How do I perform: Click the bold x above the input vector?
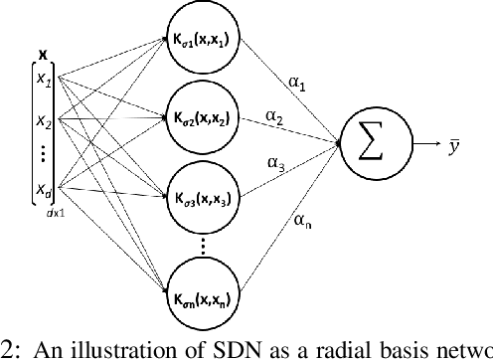(x=41, y=53)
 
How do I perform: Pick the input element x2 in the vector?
(x=41, y=122)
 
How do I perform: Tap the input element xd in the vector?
(x=41, y=190)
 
